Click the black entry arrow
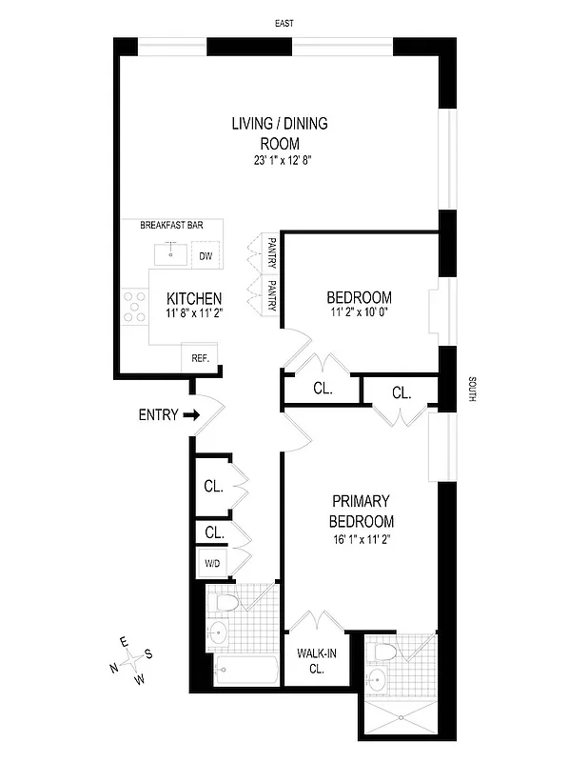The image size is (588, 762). (190, 414)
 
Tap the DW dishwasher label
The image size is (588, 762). (206, 255)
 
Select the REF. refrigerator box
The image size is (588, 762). (200, 358)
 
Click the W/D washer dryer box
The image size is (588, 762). (211, 564)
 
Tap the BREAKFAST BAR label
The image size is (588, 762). (168, 226)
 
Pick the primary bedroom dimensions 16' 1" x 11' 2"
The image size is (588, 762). (362, 540)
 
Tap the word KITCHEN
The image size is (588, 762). (194, 298)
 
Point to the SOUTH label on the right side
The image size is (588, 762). (473, 392)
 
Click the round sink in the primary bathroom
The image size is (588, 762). (378, 681)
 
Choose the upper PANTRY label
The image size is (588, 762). (271, 250)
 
